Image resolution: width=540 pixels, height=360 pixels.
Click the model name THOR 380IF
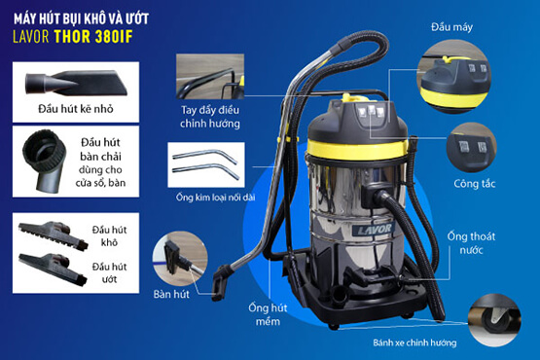(x=93, y=37)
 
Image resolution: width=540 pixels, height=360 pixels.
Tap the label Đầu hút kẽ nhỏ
(x=76, y=109)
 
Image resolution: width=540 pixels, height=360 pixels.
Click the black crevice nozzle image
(x=76, y=83)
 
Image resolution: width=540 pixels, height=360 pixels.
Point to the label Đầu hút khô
(x=109, y=236)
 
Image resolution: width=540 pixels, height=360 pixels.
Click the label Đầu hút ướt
(x=109, y=272)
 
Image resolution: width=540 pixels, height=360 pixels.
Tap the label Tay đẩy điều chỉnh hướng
(x=210, y=117)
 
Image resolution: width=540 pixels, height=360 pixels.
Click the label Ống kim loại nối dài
(x=216, y=198)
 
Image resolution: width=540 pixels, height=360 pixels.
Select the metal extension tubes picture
(x=206, y=164)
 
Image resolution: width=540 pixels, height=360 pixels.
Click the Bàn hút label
(x=171, y=294)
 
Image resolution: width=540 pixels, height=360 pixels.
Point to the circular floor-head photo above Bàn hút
(x=180, y=259)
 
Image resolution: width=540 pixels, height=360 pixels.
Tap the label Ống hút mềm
(x=268, y=314)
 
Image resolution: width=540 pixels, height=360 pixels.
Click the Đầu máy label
(x=451, y=27)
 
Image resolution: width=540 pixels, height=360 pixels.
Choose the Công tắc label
(x=475, y=184)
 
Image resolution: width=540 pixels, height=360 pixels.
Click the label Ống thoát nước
(x=471, y=243)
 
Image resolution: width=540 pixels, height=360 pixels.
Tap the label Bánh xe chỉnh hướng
(x=414, y=342)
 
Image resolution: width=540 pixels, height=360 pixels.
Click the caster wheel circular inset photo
(x=494, y=320)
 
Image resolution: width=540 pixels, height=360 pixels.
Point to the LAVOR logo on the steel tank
(x=373, y=229)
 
